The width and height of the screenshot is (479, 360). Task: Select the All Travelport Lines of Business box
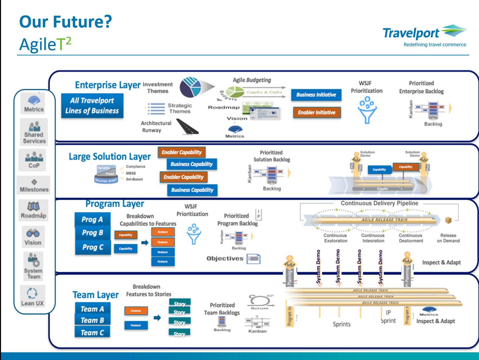[x=92, y=106]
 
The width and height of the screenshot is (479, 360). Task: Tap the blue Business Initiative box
[x=316, y=95]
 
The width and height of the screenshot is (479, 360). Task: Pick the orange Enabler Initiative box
[x=317, y=113]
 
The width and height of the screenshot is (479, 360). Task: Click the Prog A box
[x=92, y=219]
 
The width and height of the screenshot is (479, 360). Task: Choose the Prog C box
[x=93, y=247]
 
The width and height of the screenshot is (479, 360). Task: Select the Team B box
[x=92, y=320]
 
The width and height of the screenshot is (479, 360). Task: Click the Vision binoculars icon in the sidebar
[x=33, y=233]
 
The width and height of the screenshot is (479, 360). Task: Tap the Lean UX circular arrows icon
[x=32, y=293]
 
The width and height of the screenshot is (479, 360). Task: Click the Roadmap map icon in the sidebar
[x=33, y=206]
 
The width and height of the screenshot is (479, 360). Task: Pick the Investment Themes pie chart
[x=191, y=87]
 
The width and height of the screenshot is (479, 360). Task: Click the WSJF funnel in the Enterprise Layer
[x=367, y=110]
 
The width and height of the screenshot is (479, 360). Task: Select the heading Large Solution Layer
[x=110, y=157]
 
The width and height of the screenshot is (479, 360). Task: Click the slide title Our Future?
[x=65, y=22]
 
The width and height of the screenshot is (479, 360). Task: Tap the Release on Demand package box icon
[x=448, y=220]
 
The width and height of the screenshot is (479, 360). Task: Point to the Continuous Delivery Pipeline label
[x=379, y=203]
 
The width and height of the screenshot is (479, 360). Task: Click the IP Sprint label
[x=388, y=317]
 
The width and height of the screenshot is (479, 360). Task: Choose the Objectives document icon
[x=254, y=258]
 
